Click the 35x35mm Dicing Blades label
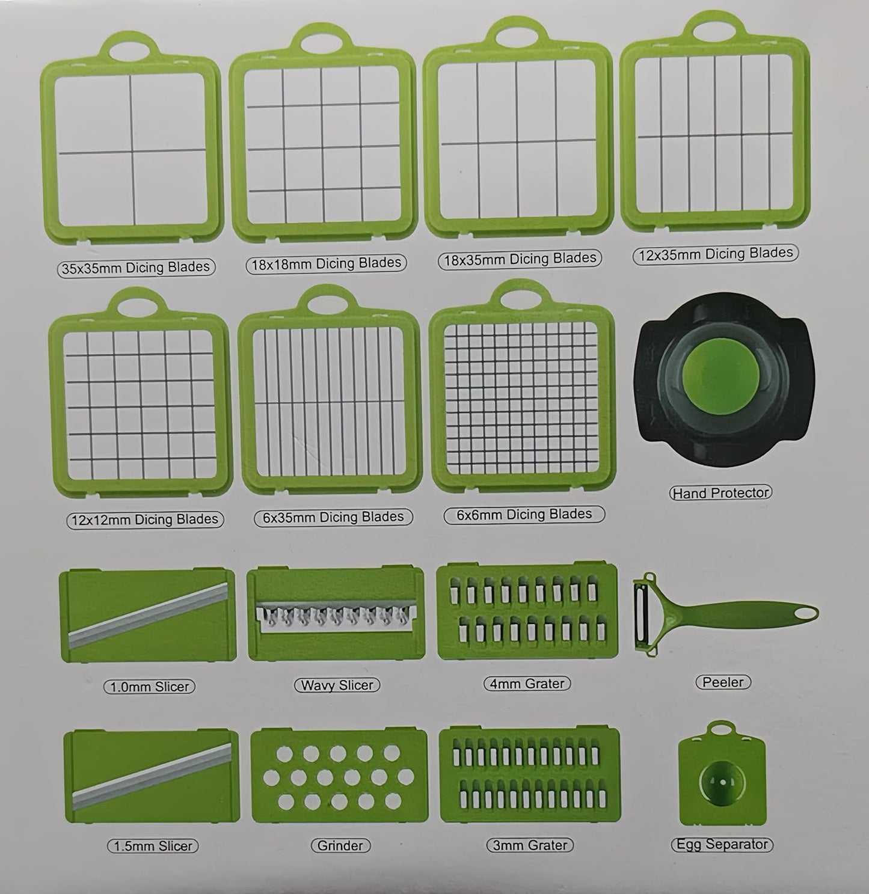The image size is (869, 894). [136, 268]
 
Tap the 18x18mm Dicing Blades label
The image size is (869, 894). [326, 263]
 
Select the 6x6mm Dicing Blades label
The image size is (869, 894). [524, 515]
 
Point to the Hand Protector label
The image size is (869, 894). [720, 493]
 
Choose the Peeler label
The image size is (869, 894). [723, 682]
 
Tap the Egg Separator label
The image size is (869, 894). [721, 844]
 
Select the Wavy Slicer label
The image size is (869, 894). [337, 685]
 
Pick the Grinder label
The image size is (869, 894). [340, 845]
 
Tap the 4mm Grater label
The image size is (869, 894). [527, 684]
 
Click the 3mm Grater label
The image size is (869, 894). [530, 845]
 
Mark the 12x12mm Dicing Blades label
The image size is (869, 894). [144, 519]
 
